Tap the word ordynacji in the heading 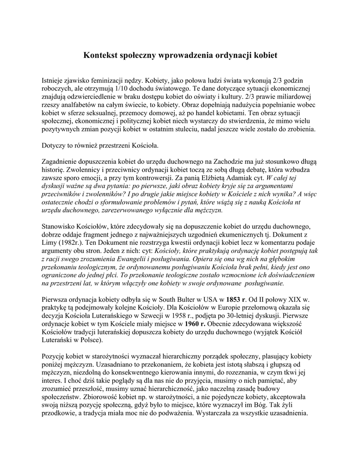pos(226,56)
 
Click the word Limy pos(50,242)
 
